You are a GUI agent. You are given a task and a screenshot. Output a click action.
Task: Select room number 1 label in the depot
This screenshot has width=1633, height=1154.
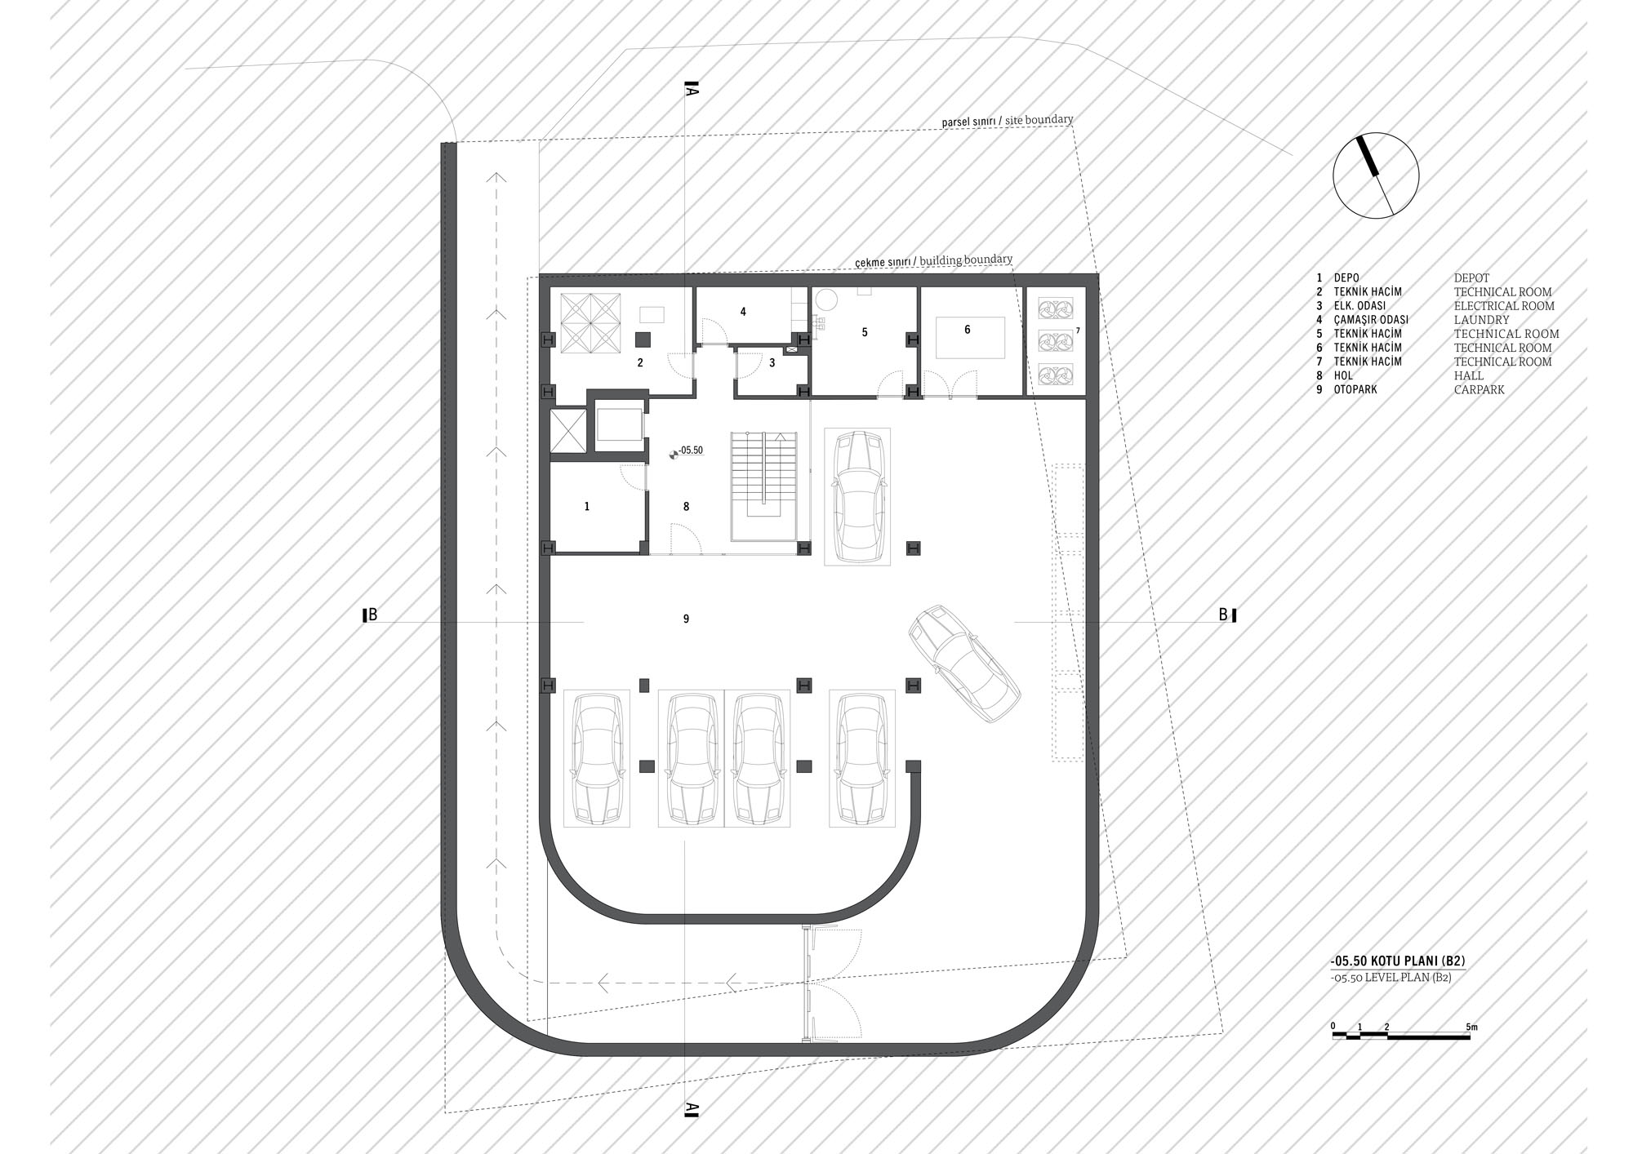pos(587,507)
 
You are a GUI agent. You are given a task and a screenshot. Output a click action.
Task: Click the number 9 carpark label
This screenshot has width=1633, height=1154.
pos(686,619)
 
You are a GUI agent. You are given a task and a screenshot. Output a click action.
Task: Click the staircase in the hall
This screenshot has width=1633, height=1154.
pos(763,486)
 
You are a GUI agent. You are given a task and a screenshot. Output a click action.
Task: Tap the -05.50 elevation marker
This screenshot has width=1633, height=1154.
pos(686,451)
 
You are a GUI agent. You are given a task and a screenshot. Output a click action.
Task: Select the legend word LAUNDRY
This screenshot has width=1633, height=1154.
pos(1481,320)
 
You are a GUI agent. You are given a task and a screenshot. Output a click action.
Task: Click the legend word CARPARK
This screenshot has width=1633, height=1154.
pos(1479,390)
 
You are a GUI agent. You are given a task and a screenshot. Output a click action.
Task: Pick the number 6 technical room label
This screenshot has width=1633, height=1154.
pos(968,330)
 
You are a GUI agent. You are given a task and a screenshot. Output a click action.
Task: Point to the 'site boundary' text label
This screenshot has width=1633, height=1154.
pos(1039,120)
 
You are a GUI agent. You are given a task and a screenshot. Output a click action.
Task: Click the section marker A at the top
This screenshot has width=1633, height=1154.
pos(690,89)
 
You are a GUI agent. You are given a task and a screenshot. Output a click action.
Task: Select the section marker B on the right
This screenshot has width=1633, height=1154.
pos(1227,615)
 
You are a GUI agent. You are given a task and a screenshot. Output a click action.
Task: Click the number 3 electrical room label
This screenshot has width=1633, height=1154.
pos(772,363)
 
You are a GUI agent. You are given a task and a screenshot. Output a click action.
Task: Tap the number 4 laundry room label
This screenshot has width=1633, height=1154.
pos(743,312)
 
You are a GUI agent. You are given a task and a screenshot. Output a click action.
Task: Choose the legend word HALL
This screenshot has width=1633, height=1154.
pos(1468,376)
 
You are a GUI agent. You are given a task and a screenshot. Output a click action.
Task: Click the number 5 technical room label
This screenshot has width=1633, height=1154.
pos(865,332)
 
